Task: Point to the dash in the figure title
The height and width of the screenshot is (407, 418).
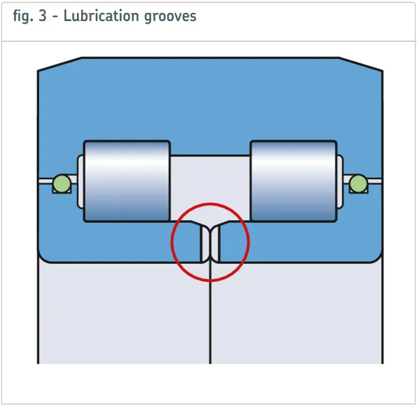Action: (55, 17)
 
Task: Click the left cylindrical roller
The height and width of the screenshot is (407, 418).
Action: (127, 181)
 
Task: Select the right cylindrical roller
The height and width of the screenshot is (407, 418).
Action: (293, 181)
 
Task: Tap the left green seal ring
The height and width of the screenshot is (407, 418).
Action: (61, 182)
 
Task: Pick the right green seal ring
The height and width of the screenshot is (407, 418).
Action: (358, 182)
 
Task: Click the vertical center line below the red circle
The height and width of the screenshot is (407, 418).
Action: (211, 323)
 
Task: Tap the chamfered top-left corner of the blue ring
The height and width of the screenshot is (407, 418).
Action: (60, 64)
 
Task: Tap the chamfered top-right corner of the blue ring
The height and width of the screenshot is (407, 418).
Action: (361, 64)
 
